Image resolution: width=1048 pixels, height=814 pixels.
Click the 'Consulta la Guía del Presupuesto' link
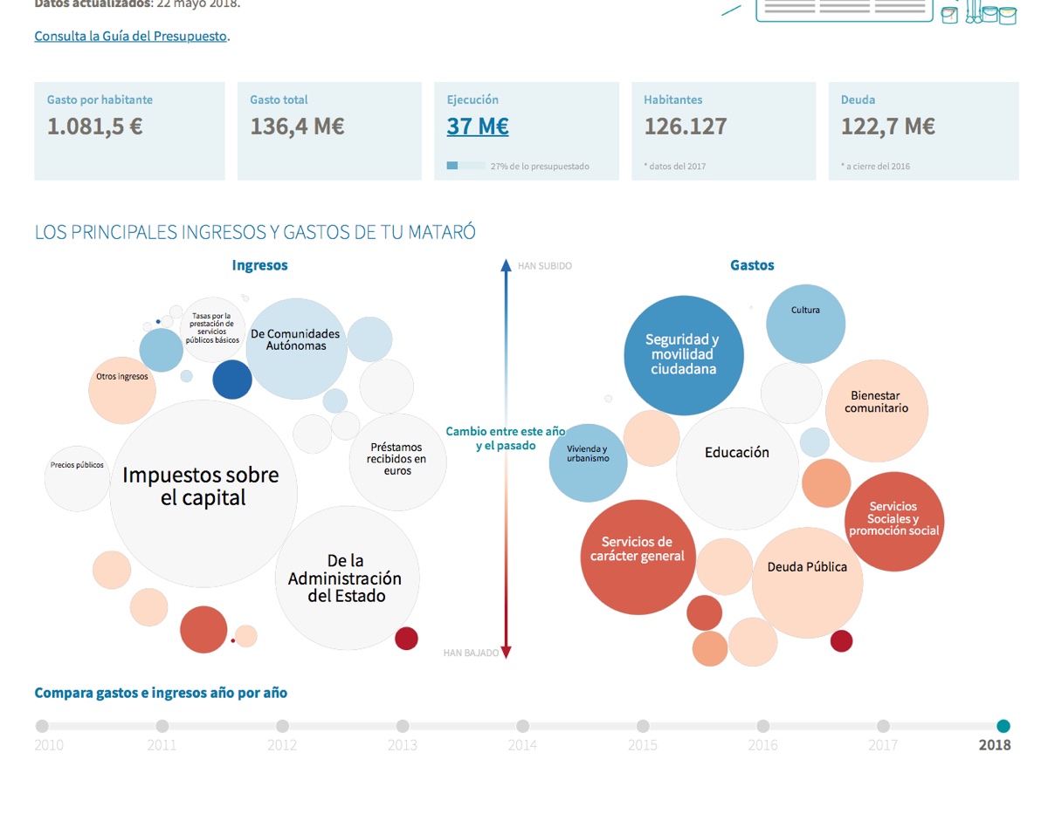tap(131, 37)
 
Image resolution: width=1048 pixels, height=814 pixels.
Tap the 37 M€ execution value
tap(478, 127)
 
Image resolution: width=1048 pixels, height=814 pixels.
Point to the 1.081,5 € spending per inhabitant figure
tap(95, 127)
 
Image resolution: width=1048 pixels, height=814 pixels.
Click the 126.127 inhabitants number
tap(686, 127)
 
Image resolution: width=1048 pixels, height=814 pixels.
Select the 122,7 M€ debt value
tap(888, 127)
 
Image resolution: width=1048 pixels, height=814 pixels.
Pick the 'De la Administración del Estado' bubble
tap(348, 578)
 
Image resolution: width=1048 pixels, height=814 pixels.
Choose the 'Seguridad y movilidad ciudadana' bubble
tap(684, 355)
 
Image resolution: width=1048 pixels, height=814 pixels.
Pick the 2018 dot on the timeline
tap(1003, 726)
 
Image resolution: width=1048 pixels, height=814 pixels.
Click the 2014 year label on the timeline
tap(522, 745)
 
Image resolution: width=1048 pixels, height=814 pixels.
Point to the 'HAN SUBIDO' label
tap(545, 266)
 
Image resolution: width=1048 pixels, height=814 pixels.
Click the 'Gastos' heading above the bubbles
tap(752, 265)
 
